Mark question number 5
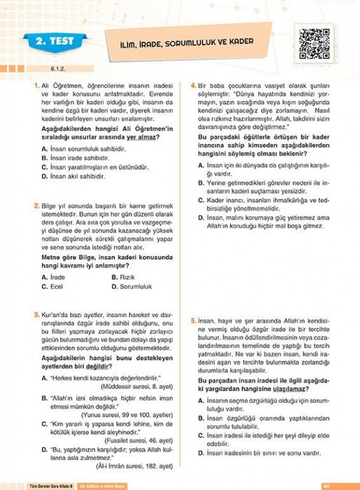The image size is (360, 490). [x=193, y=320]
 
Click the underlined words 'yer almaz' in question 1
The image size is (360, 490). [x=139, y=138]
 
